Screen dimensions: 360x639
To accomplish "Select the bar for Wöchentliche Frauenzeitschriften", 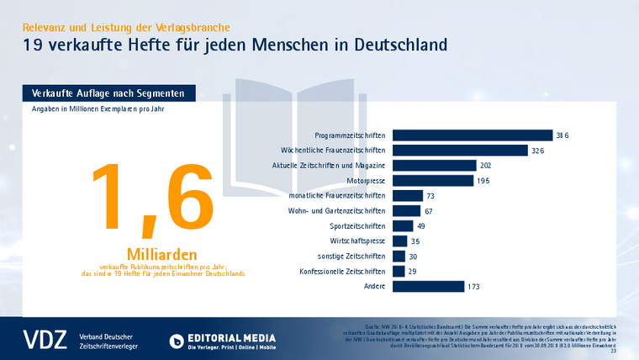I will coord(471,151).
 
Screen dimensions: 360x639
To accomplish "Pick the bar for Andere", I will coord(429,287).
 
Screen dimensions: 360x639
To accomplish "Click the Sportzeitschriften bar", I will coord(403,226).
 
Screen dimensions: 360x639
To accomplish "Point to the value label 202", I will coord(486,166).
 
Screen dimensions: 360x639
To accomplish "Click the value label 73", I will coord(430,196).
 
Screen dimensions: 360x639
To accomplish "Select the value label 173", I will coord(473,287).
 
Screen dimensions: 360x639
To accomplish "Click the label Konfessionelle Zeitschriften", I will coord(342,272).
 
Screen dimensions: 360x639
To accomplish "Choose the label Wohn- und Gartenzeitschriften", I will coord(338,211).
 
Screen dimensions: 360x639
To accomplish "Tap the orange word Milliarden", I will coord(161,254).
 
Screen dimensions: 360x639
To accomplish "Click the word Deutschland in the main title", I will coord(391,44).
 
